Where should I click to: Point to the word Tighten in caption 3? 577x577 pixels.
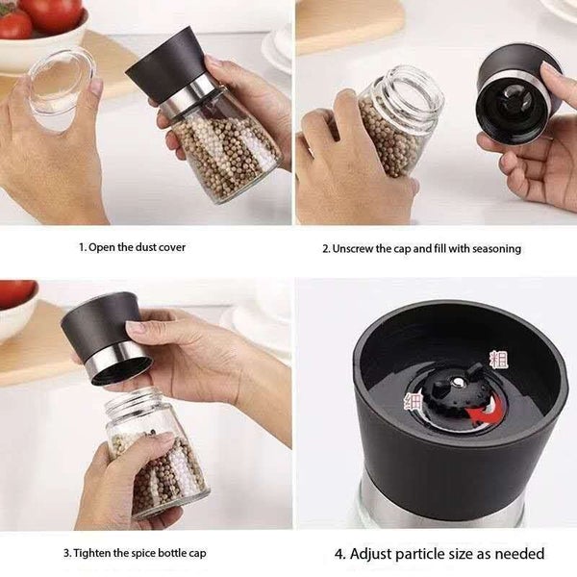[x=92, y=553]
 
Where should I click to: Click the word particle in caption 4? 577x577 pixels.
[x=414, y=554]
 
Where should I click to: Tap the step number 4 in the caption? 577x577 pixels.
[x=339, y=554]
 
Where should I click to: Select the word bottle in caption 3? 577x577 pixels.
[x=166, y=553]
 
